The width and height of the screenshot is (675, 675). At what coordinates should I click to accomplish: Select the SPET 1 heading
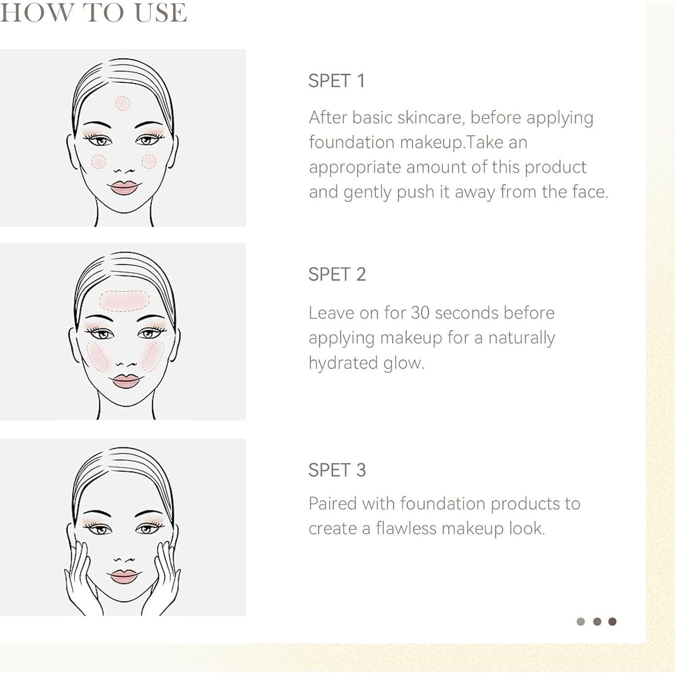point(337,81)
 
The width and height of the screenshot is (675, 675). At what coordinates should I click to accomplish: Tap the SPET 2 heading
point(337,274)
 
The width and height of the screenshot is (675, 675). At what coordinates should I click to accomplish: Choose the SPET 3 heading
point(337,470)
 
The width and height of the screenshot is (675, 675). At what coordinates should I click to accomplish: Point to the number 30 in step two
point(420,313)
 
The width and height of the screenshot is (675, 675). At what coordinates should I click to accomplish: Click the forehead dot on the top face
point(123,103)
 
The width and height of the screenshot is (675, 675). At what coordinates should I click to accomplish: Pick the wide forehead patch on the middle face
point(124,301)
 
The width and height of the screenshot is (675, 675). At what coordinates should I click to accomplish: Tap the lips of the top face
point(124,187)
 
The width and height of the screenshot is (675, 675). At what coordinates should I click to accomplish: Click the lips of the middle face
point(126,381)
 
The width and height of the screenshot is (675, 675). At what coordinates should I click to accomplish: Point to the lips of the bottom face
point(124,576)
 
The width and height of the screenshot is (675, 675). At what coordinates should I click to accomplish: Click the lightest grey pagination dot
point(581,622)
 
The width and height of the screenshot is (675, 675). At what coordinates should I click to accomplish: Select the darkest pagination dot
point(612,622)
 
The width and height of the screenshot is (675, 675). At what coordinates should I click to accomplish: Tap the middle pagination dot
point(597,622)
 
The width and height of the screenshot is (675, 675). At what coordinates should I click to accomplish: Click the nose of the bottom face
point(124,559)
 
